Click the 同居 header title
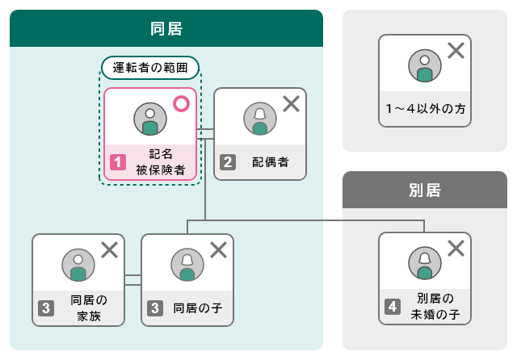[166, 29]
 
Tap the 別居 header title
[425, 190]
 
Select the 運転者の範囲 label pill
[150, 68]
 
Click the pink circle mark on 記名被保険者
[181, 104]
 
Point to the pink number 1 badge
[118, 162]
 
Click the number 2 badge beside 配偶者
[228, 162]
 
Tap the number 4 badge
[393, 307]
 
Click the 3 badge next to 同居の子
[155, 308]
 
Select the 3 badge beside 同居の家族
[46, 308]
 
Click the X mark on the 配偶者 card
[291, 104]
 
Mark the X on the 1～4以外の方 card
[456, 50]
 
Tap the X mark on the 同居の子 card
[219, 249]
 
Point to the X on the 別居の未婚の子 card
[456, 248]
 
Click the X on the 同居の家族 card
[110, 249]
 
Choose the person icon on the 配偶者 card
[260, 119]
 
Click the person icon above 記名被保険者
[150, 119]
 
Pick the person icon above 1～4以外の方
[425, 65]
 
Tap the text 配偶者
[271, 162]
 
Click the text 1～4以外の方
[426, 109]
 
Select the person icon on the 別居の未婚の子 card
[425, 263]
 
